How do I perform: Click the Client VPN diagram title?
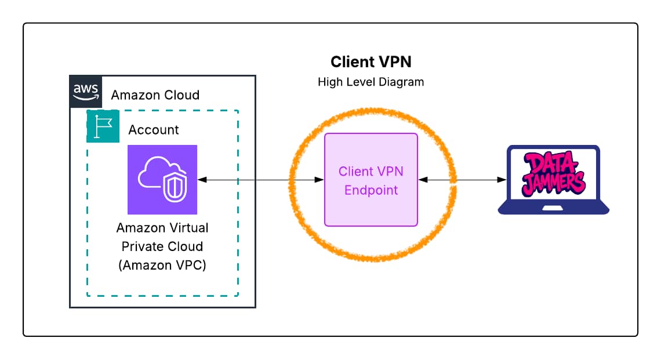click(371, 62)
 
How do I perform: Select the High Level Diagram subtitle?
click(371, 82)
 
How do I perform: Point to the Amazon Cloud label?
click(155, 95)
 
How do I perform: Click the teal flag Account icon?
click(103, 126)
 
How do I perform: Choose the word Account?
click(154, 130)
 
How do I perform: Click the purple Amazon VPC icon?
click(162, 180)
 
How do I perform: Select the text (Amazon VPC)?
click(162, 266)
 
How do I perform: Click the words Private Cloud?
click(162, 246)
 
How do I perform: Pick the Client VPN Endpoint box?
click(371, 180)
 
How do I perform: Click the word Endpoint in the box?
click(371, 190)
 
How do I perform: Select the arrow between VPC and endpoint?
click(260, 180)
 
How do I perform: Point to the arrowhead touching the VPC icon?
click(201, 180)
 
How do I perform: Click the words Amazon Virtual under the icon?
click(162, 227)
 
